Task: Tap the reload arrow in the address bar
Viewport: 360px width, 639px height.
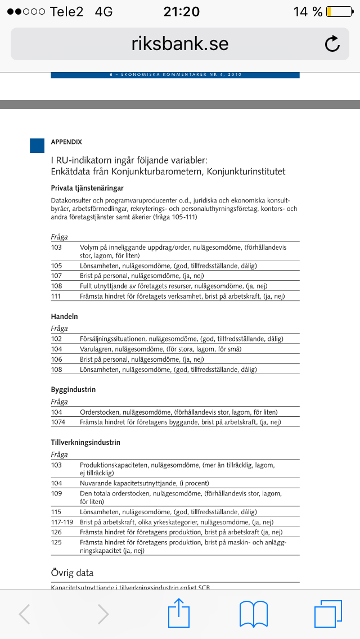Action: tap(332, 44)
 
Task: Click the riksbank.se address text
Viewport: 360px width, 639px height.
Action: tap(180, 44)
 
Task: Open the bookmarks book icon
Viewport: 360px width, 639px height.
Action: tap(253, 613)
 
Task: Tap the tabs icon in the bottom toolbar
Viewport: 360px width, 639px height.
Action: tap(327, 613)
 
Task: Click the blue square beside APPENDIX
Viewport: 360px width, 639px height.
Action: tap(37, 146)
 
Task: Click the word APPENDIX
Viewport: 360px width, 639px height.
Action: tap(66, 142)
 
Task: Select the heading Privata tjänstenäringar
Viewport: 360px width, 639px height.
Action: tap(87, 188)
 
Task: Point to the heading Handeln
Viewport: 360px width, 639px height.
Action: tap(64, 317)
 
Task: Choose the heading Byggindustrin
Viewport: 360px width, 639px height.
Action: tap(73, 390)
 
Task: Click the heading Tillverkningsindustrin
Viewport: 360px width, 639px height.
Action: tap(85, 443)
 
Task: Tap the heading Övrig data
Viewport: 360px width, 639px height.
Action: tap(72, 573)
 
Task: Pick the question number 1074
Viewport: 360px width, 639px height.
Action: tap(58, 422)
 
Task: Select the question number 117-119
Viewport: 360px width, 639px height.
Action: tap(62, 522)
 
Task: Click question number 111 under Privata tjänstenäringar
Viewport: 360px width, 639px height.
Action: tap(56, 296)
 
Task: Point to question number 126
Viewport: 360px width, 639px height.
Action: tap(56, 532)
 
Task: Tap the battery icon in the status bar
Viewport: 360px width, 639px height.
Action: tap(336, 12)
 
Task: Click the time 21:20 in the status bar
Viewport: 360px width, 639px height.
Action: tap(181, 12)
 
